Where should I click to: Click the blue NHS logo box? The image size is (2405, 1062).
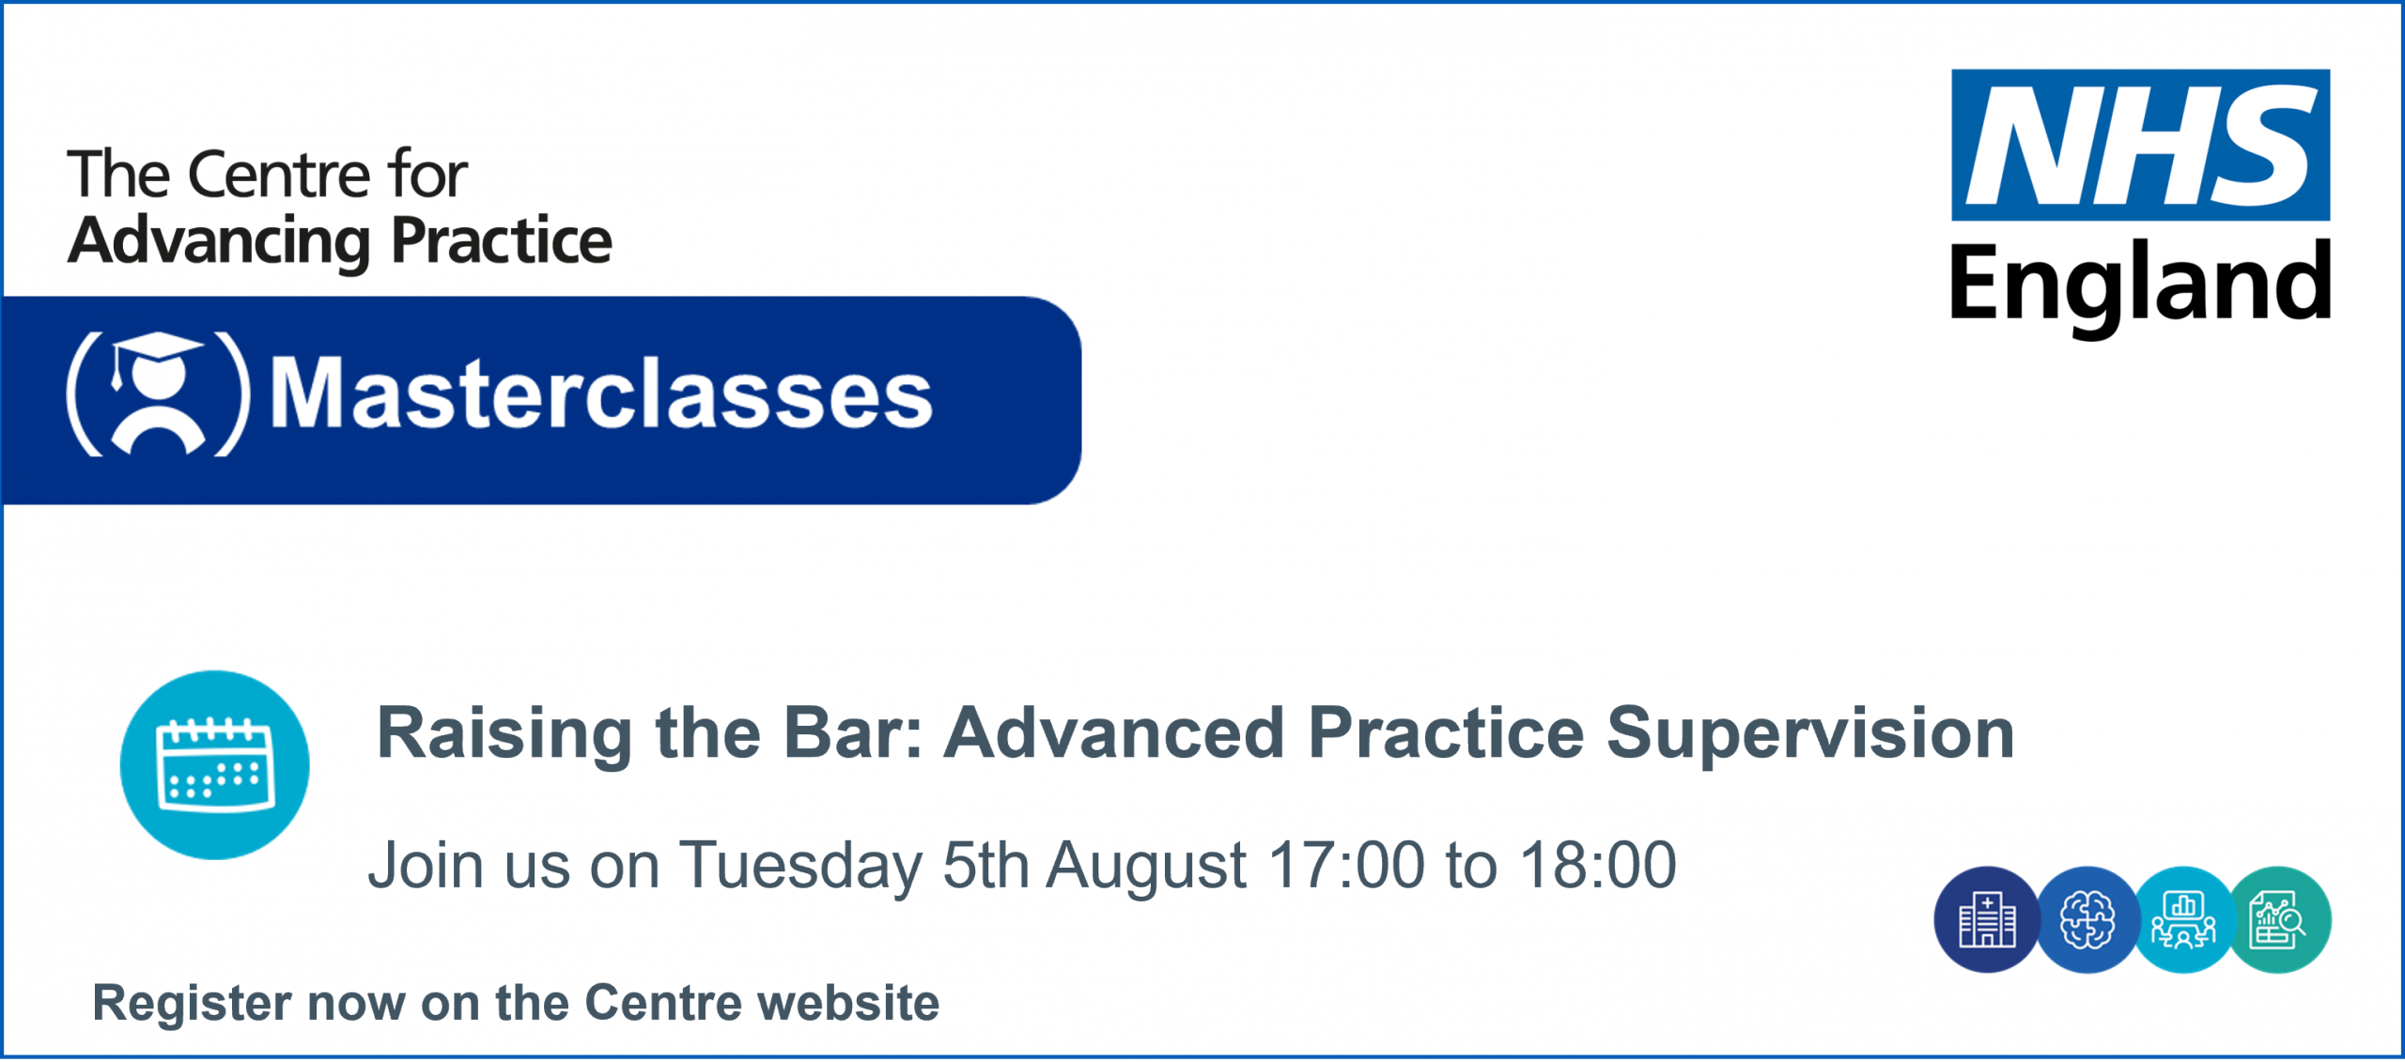(x=2140, y=145)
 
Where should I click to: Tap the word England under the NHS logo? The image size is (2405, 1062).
(x=2140, y=285)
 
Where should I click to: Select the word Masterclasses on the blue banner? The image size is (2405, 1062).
(x=601, y=392)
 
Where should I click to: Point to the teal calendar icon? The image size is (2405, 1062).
(x=215, y=764)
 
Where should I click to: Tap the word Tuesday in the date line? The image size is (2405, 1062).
(x=801, y=866)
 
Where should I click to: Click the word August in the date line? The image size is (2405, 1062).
(x=1146, y=866)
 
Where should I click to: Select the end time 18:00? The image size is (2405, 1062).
(x=1598, y=864)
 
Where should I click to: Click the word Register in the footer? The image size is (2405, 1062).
(x=193, y=1004)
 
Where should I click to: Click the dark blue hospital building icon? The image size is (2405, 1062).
(x=1987, y=920)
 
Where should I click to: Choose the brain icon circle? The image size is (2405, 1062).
(x=2087, y=920)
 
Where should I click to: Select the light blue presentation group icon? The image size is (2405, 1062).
(x=2183, y=920)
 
